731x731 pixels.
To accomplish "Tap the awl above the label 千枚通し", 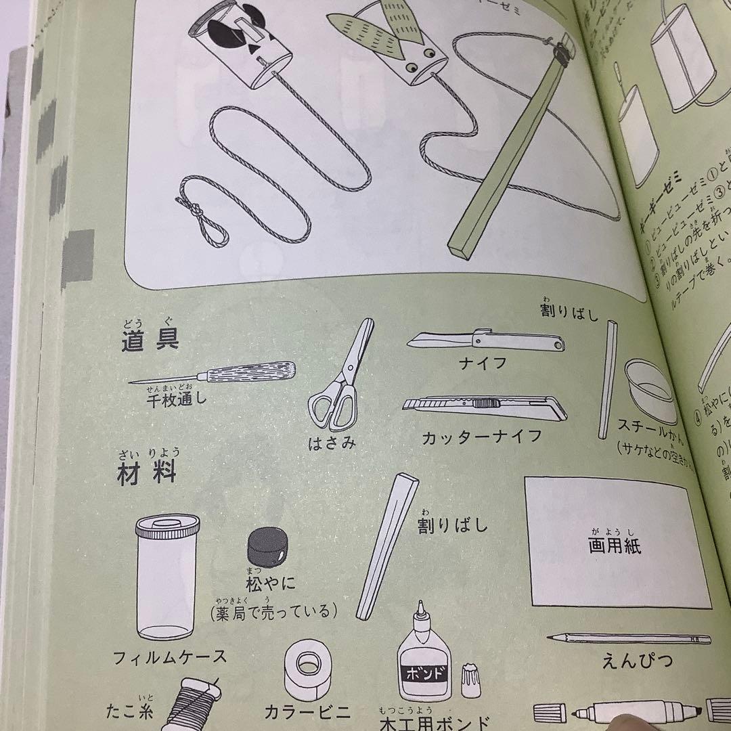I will pyautogui.click(x=213, y=373).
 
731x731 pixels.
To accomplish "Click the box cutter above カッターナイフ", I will pyautogui.click(x=484, y=407).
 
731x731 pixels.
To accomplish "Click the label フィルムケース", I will pyautogui.click(x=170, y=657).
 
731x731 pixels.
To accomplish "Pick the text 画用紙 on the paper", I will pyautogui.click(x=615, y=546).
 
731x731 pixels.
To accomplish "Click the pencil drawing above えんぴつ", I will pyautogui.click(x=629, y=638).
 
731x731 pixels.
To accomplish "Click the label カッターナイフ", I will pyautogui.click(x=481, y=437).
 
